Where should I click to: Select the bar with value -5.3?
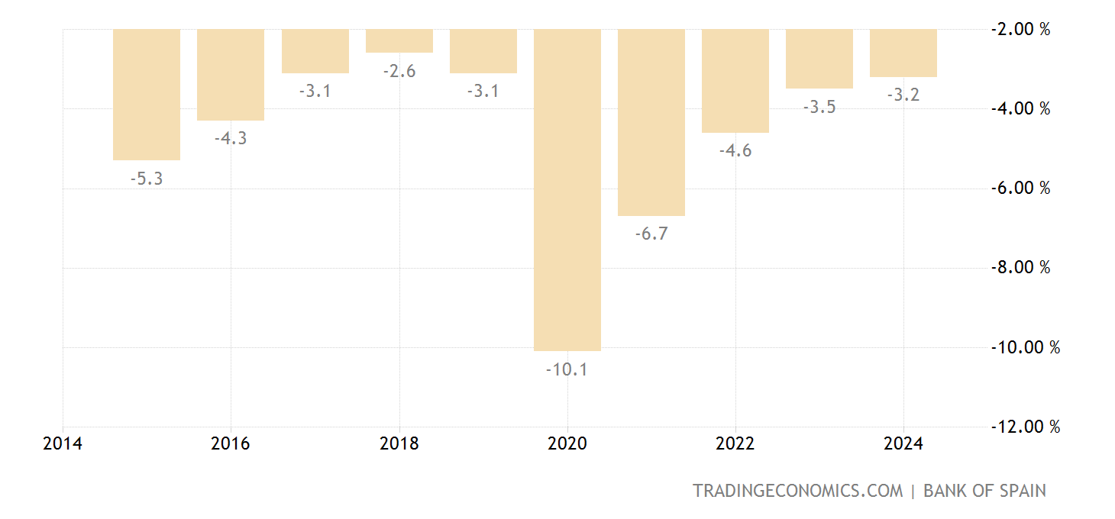[x=147, y=94]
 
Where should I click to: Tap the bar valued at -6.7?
[x=651, y=122]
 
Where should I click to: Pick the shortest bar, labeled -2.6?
[x=399, y=40]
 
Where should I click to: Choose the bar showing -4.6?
[x=735, y=80]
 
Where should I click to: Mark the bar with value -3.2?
[x=903, y=53]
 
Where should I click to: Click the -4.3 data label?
[x=231, y=139]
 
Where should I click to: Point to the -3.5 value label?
[x=819, y=107]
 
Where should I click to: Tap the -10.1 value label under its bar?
[x=567, y=370]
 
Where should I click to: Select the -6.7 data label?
[x=651, y=234]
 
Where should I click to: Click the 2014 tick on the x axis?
[x=63, y=444]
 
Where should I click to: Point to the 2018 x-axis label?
[x=399, y=444]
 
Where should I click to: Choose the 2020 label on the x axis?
[x=567, y=444]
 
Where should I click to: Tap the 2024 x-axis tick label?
[x=903, y=444]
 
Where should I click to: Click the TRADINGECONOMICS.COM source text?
[x=797, y=491]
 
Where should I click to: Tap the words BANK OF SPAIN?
[x=984, y=491]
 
